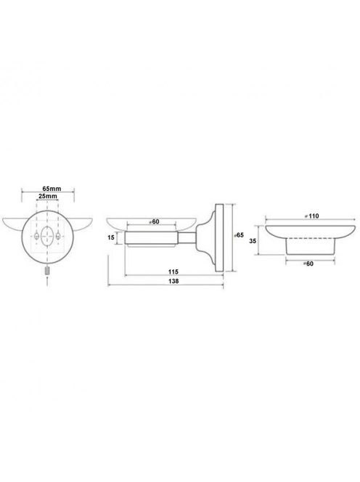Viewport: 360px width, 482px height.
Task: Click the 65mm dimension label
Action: [52, 189]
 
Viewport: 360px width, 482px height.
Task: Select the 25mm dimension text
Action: [47, 196]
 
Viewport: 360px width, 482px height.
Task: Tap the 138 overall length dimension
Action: [173, 281]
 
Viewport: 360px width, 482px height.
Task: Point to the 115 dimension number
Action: [173, 271]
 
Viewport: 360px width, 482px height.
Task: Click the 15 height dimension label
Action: [111, 237]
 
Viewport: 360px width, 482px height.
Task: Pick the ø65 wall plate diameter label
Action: [239, 235]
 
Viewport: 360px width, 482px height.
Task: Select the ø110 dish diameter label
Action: [311, 216]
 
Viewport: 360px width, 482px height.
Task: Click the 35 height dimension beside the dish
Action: [253, 241]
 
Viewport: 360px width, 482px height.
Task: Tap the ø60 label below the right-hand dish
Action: [308, 264]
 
